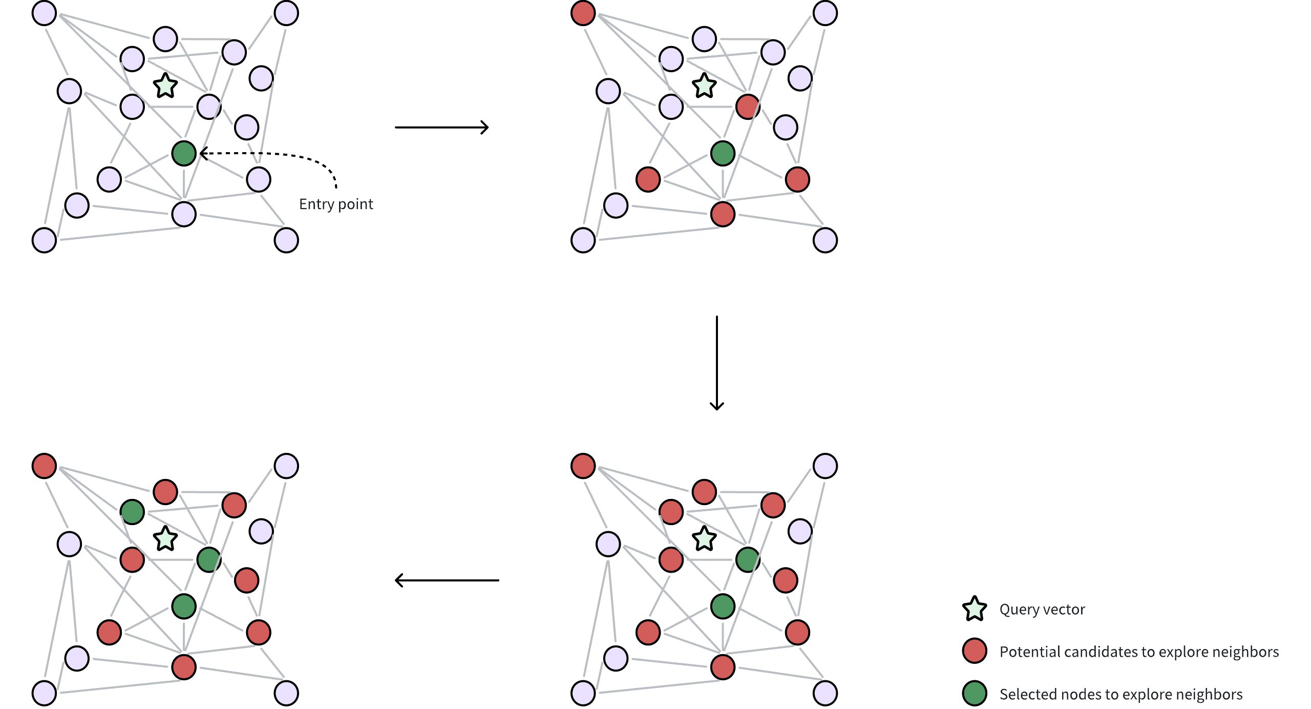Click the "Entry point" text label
[336, 204]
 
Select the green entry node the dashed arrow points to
[184, 153]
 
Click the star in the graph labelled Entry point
[165, 86]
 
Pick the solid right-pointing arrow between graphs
[441, 127]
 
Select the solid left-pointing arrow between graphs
[447, 580]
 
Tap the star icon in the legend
[975, 609]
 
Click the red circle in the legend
[975, 651]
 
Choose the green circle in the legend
[975, 694]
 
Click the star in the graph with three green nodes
[165, 538]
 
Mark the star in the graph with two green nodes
[704, 538]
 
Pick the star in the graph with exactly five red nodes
[704, 86]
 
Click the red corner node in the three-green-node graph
[44, 466]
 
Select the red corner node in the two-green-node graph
[583, 466]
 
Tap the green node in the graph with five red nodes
[723, 153]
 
